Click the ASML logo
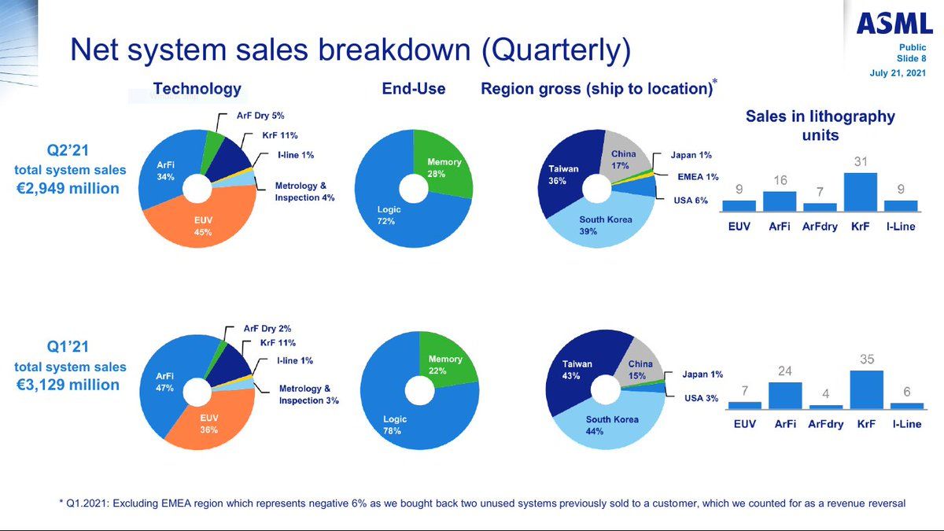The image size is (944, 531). [x=894, y=25]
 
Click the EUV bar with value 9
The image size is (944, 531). [x=739, y=205]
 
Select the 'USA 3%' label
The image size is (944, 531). [x=700, y=398]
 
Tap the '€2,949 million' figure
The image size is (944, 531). [x=69, y=188]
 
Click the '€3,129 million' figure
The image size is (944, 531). [x=69, y=385]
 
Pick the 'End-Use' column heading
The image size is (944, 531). [x=414, y=89]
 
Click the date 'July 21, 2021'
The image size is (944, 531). [x=898, y=73]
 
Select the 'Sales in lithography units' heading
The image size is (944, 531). [x=820, y=125]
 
